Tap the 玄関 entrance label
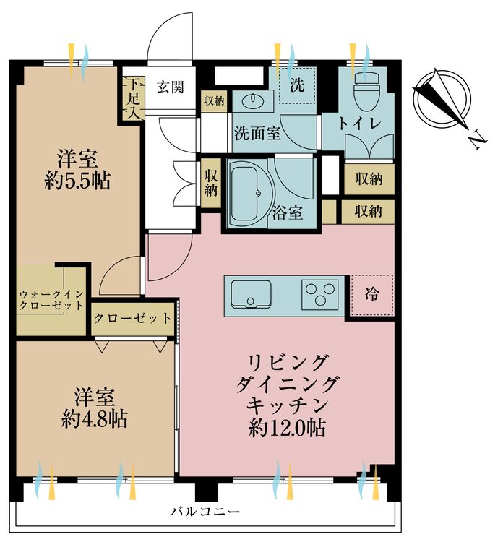170,87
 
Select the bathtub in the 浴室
247,194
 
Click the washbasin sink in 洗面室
253,101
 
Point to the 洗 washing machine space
297,85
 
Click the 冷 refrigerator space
372,295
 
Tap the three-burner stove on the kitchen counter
319,294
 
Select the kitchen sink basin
251,294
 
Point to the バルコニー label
205,511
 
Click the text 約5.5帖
77,181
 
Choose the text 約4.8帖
95,419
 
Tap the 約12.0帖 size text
288,428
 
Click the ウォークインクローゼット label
51,300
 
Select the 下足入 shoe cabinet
132,99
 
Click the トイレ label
359,124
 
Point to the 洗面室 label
257,133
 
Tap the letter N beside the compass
478,139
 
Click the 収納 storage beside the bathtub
211,184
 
